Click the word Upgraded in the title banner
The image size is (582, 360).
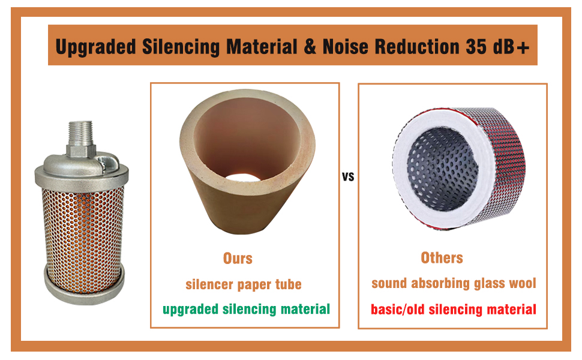96,47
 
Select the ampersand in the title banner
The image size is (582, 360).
310,46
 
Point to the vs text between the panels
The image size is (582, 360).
348,177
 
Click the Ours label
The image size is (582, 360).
238,259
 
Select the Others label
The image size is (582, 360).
442,258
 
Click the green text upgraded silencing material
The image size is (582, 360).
246,309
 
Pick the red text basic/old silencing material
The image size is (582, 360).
454,309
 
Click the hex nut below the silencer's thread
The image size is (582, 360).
81,151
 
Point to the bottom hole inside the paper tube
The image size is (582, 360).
243,178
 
